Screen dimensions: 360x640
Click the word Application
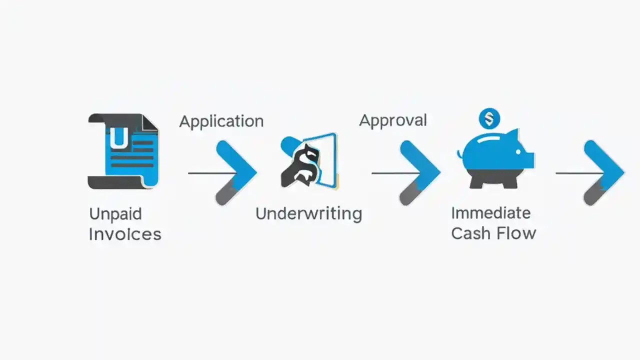point(221,121)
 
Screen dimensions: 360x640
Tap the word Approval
point(393,120)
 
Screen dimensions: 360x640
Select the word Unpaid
point(115,214)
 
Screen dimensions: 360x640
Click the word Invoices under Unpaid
point(125,234)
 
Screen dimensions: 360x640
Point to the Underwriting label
point(308,214)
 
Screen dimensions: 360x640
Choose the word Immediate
point(490,213)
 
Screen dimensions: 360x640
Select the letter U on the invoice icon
point(118,138)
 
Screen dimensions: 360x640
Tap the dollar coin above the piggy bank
point(489,119)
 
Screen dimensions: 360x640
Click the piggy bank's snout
point(529,159)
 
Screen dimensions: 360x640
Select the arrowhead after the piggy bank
point(604,171)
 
